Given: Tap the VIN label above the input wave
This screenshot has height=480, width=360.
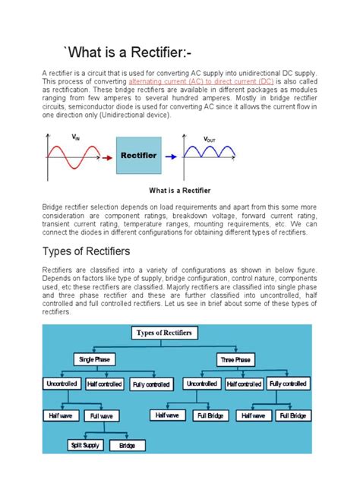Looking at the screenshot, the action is [75, 137].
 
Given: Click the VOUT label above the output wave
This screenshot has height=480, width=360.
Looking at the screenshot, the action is [210, 141].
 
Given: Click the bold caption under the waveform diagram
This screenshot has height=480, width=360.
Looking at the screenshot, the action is [180, 190].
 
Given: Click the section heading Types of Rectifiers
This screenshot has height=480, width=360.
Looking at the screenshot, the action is [86, 251].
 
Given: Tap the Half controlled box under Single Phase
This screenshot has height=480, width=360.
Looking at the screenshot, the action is [104, 384].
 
